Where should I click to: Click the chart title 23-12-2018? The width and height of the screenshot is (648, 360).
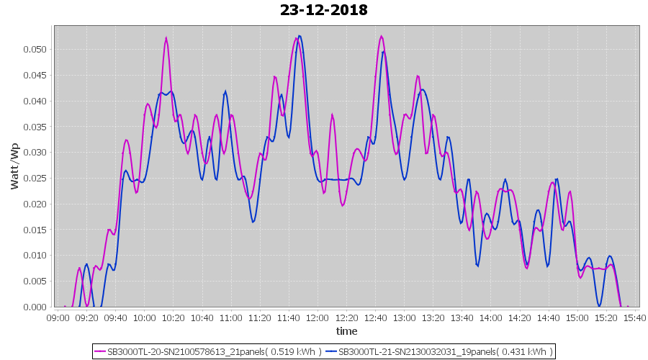pos(324,10)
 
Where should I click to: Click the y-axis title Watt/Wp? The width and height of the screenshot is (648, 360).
pos(15,166)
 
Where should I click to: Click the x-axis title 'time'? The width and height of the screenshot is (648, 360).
pos(346,331)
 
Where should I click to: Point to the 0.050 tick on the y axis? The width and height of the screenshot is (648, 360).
pos(35,49)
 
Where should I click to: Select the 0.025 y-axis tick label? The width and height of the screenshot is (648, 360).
pos(35,178)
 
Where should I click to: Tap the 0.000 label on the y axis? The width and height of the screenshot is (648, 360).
pos(35,307)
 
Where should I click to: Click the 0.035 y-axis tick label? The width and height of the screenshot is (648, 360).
pos(35,127)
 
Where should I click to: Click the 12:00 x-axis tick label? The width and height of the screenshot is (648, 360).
pos(318,318)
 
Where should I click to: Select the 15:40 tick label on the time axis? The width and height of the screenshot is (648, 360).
pos(634,318)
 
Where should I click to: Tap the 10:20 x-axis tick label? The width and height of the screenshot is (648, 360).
pos(174,318)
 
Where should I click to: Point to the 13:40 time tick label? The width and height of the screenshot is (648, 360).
pos(462,318)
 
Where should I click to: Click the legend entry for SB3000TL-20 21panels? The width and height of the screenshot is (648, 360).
pos(214,352)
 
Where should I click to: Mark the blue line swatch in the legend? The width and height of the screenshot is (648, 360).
pos(331,352)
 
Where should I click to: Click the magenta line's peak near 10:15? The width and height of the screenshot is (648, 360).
pos(166,38)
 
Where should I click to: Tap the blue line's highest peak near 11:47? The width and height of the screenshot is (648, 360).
pos(299,35)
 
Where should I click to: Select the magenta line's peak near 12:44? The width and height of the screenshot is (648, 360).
pos(381,36)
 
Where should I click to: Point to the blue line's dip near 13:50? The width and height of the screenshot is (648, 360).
pos(477,266)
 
